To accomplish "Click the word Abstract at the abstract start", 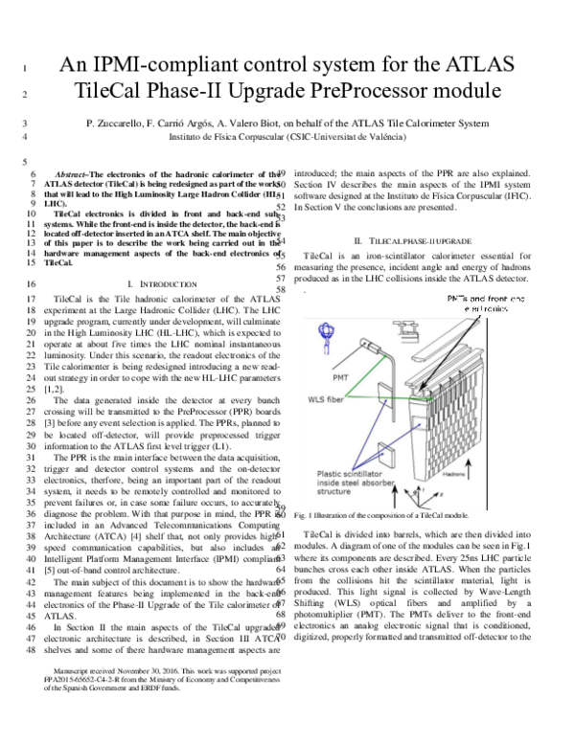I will pyautogui.click(x=79, y=176).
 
